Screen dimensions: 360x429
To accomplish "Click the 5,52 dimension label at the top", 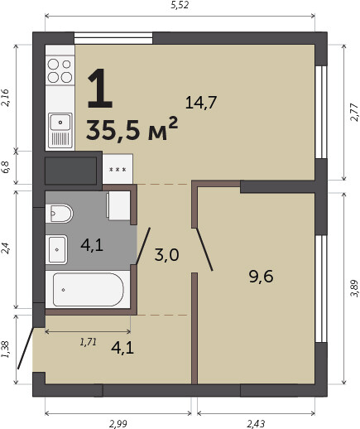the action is click(180, 5).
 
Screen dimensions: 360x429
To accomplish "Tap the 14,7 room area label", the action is click(201, 103).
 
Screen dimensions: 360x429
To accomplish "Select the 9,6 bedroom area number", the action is click(261, 277).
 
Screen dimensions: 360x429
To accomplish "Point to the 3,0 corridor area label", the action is click(166, 254).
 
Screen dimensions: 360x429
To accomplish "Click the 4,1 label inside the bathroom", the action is click(92, 244).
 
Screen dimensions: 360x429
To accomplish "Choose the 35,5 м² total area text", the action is click(132, 129).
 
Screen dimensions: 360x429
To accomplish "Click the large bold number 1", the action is click(100, 88).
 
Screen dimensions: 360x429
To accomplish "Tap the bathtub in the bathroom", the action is click(88, 289).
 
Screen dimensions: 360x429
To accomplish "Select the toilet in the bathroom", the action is click(59, 214).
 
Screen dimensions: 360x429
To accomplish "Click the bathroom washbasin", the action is click(56, 249).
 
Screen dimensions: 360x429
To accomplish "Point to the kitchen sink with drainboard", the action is click(60, 130).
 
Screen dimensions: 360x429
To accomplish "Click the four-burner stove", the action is click(60, 70).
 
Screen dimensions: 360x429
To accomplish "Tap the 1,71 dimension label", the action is click(89, 342).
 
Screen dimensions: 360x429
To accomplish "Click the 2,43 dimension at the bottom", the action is click(256, 424).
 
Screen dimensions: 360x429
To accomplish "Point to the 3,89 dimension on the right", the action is click(354, 288).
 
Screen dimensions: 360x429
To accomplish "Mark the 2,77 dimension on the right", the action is click(354, 112).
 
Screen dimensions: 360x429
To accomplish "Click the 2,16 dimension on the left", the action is click(6, 98).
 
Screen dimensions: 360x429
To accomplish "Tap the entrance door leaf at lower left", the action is click(26, 348).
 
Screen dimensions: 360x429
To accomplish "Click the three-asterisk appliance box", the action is click(118, 169).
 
